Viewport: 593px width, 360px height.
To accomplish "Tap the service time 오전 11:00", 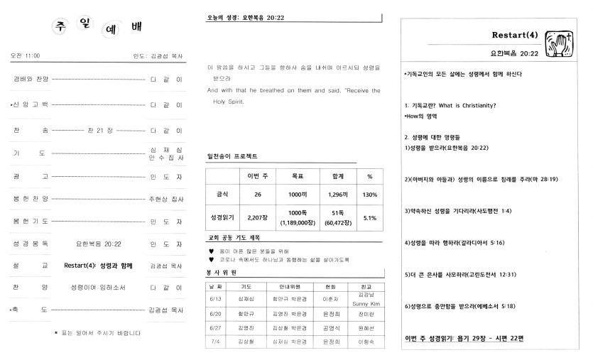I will pyautogui.click(x=26, y=55).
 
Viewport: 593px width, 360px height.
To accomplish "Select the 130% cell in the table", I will pyautogui.click(x=369, y=193).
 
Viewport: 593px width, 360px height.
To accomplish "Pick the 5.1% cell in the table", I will pyautogui.click(x=369, y=218).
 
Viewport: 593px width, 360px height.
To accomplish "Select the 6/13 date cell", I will pyautogui.click(x=216, y=299).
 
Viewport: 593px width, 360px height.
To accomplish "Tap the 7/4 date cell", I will pyautogui.click(x=216, y=342).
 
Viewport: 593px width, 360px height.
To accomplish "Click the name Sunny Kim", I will pyautogui.click(x=367, y=302).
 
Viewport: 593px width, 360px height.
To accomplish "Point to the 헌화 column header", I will pyautogui.click(x=328, y=285).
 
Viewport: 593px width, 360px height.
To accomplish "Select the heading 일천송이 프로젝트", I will pyautogui.click(x=232, y=156).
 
